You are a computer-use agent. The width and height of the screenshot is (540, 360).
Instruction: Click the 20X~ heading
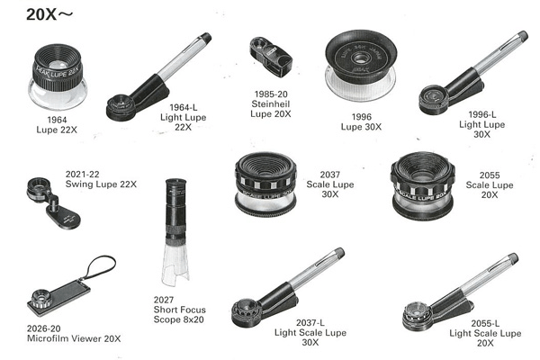tap(49, 14)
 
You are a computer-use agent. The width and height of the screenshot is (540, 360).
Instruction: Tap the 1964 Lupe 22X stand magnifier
tap(58, 76)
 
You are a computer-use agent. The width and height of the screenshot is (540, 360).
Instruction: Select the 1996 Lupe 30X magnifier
tap(361, 66)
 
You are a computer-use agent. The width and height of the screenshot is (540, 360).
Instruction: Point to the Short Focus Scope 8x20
tap(175, 230)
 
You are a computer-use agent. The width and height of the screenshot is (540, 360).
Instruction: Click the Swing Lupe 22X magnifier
tap(53, 202)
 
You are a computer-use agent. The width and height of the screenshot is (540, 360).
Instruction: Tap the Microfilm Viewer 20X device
tap(58, 297)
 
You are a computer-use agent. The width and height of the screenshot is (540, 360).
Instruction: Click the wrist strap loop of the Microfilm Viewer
tap(101, 267)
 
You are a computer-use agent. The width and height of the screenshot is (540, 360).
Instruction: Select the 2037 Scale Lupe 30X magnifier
tap(265, 184)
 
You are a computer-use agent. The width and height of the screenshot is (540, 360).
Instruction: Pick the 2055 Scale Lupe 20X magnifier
tap(423, 185)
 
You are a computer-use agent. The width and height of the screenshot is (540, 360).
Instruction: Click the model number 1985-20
tap(271, 94)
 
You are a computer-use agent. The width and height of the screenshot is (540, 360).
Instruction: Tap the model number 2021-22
tap(82, 175)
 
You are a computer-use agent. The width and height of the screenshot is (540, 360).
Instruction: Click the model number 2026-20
tap(44, 328)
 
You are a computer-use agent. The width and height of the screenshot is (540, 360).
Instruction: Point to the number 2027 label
tap(164, 300)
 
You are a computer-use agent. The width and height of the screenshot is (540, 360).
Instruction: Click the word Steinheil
tap(271, 103)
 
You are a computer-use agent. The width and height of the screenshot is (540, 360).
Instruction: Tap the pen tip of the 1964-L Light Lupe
tap(207, 37)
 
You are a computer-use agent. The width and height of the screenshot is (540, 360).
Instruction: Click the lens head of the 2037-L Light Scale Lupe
tap(246, 312)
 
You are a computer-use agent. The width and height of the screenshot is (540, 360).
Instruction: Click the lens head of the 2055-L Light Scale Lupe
tap(417, 316)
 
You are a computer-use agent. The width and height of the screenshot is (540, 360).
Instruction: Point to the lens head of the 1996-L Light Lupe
tap(434, 100)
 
